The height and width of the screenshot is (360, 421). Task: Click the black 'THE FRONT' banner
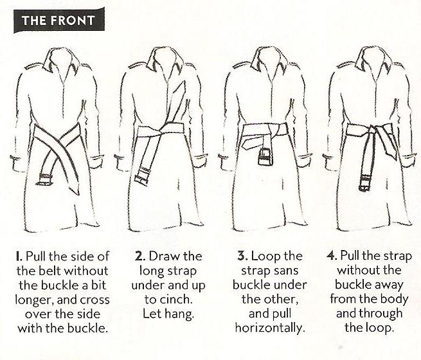[x=58, y=21]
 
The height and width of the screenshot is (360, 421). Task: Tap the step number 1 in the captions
[x=18, y=256]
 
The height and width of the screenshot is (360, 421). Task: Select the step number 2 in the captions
[x=139, y=256]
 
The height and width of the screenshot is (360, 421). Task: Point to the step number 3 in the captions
[x=242, y=256]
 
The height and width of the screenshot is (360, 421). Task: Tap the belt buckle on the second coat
[x=142, y=175]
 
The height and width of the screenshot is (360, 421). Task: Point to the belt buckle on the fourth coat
[x=365, y=183]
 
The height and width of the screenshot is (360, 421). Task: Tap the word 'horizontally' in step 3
[x=270, y=328]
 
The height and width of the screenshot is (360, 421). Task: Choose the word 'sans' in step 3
[x=287, y=271]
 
